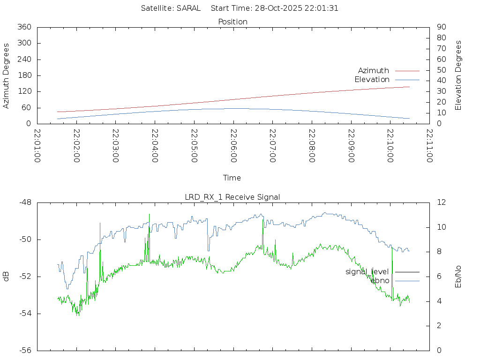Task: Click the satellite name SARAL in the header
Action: tap(188, 8)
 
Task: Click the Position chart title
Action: tap(233, 22)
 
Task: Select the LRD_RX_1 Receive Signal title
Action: tap(232, 197)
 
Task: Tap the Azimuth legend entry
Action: tap(374, 70)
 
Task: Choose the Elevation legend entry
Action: tap(372, 80)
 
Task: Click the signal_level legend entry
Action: tap(367, 272)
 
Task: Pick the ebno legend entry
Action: tap(380, 280)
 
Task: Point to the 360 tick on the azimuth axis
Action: tap(24, 27)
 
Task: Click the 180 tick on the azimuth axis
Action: tap(24, 75)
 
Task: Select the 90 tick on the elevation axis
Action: tap(441, 27)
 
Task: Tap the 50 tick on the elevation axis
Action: tap(441, 70)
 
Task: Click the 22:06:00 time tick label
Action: tap(233, 146)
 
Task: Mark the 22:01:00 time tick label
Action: tap(37, 146)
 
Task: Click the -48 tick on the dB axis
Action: tap(25, 202)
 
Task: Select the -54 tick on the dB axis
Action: tap(25, 314)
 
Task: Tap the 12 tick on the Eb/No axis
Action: tap(442, 202)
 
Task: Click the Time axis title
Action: tap(232, 178)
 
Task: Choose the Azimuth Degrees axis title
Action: tap(6, 75)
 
